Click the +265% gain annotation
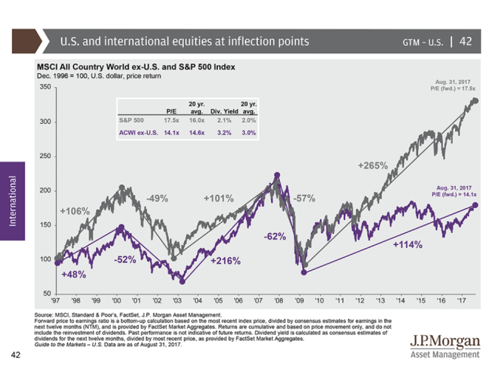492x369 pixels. (373, 166)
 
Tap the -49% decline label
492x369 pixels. (157, 199)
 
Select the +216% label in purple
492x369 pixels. (225, 261)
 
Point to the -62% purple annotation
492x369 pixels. (276, 237)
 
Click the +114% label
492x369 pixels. (407, 244)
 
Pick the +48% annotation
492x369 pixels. (74, 275)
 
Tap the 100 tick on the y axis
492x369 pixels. (43, 260)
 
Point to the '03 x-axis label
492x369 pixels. (177, 301)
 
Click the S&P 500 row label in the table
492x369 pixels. (133, 119)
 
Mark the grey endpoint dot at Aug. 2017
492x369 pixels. (474, 100)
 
